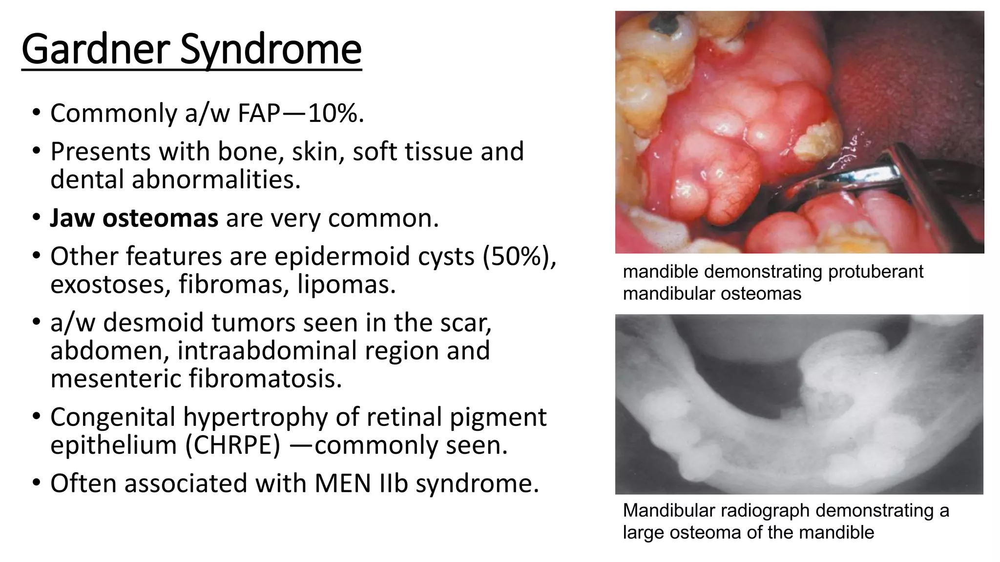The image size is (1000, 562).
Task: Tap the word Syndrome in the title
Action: (271, 50)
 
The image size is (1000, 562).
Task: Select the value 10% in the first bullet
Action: (336, 113)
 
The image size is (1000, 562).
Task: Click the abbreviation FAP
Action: (258, 113)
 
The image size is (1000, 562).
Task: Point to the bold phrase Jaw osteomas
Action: (134, 218)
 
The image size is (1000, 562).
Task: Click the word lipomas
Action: (346, 284)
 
